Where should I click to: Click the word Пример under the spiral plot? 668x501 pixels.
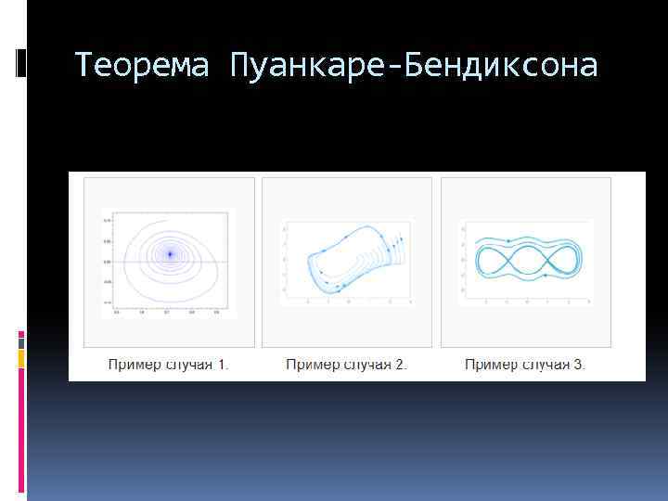(x=133, y=365)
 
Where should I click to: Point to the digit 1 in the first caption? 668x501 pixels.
(x=223, y=365)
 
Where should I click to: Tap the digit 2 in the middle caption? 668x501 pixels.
(x=400, y=365)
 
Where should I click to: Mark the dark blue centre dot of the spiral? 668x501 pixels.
(x=170, y=253)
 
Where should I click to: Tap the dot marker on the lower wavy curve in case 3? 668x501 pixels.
(x=546, y=276)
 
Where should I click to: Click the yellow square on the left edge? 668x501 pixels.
(x=21, y=357)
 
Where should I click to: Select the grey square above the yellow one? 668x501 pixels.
(x=21, y=340)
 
